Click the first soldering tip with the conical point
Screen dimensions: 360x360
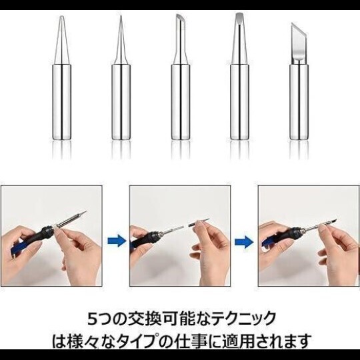point(61,87)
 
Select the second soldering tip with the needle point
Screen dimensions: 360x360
point(121,87)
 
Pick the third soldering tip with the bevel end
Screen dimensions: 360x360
point(180,87)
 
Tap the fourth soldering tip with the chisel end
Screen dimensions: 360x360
point(239,87)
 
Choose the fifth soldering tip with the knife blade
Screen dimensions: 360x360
point(298,87)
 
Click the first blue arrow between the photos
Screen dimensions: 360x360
point(117,239)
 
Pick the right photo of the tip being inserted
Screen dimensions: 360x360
point(308,237)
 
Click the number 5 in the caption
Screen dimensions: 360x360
point(93,317)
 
